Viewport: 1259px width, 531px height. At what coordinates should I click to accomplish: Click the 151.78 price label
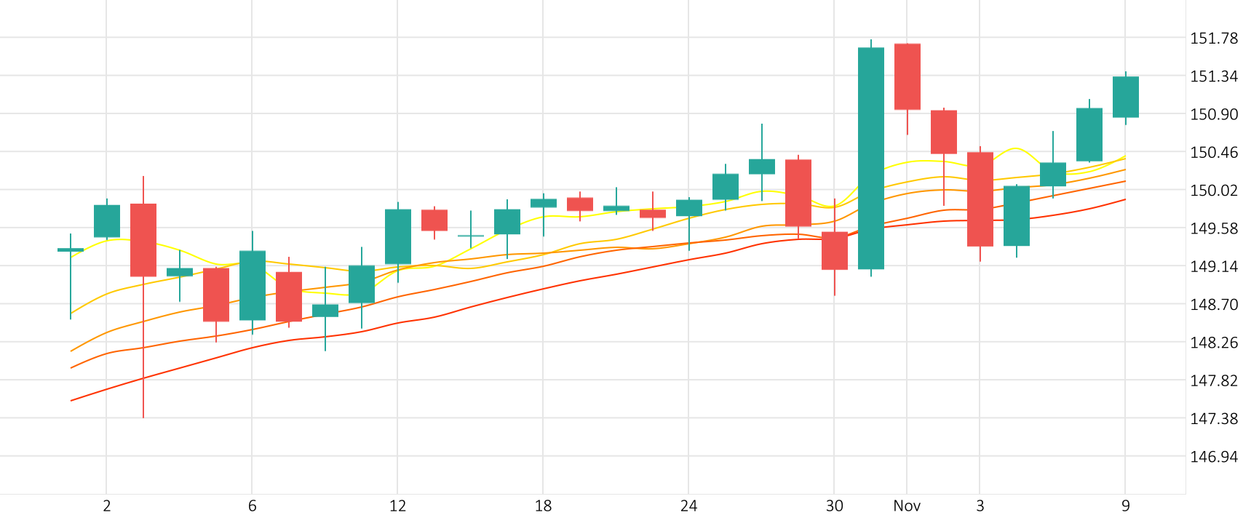tap(1213, 39)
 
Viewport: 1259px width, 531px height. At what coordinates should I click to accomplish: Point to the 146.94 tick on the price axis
tap(1213, 457)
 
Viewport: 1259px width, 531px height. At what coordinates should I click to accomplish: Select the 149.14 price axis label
tap(1213, 267)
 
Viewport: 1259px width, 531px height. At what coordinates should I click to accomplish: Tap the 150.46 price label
tap(1213, 153)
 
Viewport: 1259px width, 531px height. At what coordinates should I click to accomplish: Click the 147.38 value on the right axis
tap(1213, 419)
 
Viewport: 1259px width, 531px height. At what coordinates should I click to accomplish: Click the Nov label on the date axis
tap(907, 506)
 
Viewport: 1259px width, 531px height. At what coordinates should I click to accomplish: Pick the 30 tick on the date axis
tap(834, 506)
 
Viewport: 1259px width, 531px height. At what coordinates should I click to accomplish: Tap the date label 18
tap(543, 506)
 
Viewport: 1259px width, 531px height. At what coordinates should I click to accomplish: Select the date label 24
tap(688, 506)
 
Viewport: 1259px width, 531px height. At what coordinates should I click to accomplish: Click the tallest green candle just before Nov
tap(870, 158)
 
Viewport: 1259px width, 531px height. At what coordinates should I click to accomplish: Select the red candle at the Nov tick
tap(907, 76)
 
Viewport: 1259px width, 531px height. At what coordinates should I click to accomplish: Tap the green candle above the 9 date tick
tap(1125, 97)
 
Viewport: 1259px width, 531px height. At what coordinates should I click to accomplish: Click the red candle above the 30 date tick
tap(834, 251)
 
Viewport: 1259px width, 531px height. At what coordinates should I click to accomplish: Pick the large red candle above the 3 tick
tap(980, 199)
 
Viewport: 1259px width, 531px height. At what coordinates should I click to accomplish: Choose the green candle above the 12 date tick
tap(397, 236)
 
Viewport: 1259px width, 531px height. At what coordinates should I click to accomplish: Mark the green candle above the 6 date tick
tap(252, 285)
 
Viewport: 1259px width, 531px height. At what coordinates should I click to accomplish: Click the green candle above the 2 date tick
tap(107, 221)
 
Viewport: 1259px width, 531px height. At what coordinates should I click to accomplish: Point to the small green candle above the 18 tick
tap(543, 203)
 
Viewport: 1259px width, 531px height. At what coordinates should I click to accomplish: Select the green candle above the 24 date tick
tap(688, 208)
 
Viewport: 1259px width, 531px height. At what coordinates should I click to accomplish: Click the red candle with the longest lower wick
tap(143, 240)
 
